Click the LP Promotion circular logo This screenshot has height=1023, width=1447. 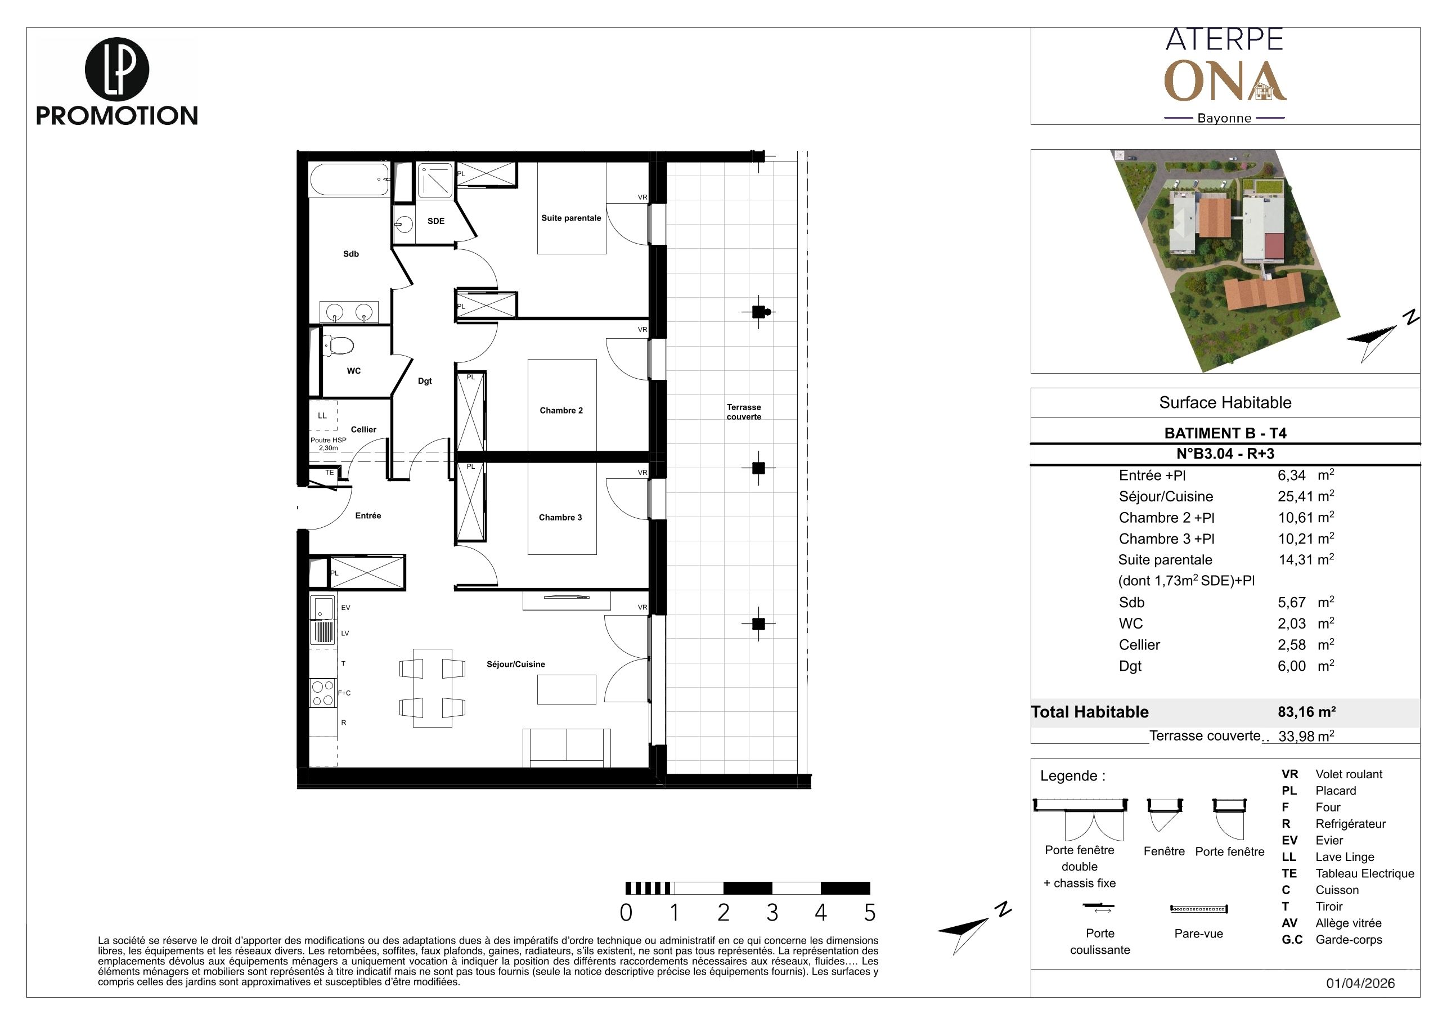(x=116, y=69)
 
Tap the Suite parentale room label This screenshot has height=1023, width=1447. (x=571, y=218)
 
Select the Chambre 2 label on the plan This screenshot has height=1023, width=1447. (x=561, y=410)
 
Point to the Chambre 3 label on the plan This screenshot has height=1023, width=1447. (x=560, y=518)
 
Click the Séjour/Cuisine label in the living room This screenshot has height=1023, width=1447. (x=515, y=665)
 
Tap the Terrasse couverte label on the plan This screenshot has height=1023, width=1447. (x=744, y=411)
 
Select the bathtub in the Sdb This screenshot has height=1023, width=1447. (x=350, y=180)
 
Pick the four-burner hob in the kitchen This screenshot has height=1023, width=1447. (x=323, y=693)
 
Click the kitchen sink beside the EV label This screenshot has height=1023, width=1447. (x=323, y=608)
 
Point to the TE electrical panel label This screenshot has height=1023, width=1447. (x=330, y=472)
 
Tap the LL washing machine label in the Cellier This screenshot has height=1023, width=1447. (x=322, y=415)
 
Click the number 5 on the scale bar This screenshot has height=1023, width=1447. (x=870, y=913)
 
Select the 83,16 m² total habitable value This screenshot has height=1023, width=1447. (x=1306, y=712)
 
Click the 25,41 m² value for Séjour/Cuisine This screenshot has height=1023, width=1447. (x=1306, y=496)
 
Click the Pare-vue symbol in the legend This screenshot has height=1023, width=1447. (x=1199, y=909)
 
